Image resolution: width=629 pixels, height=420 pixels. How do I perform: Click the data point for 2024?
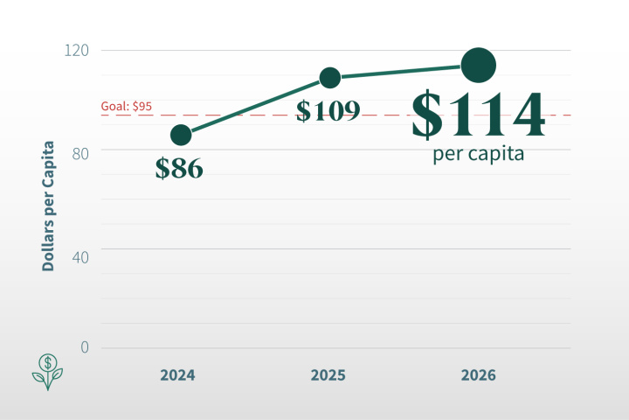pos(181,135)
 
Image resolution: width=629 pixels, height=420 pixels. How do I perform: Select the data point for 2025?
pos(329,78)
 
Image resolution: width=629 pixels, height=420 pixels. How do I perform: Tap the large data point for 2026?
pos(479,65)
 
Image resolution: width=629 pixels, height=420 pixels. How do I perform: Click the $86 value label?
pos(179,168)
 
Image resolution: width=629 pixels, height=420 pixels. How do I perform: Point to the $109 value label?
pos(328,110)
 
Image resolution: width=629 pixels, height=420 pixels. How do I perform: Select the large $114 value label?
pos(478,114)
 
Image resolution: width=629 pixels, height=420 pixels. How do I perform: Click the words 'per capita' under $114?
pos(478,154)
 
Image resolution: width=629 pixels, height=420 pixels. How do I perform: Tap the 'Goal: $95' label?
pos(127,106)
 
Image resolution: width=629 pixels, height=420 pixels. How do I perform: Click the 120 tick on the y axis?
pos(77,51)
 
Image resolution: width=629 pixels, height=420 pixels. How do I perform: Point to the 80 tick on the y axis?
pos(80,153)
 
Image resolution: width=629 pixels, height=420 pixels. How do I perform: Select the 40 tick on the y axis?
pos(80,257)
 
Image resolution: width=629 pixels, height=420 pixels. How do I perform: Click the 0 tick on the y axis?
pos(85,347)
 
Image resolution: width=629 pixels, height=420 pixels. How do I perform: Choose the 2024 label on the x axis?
pos(177,375)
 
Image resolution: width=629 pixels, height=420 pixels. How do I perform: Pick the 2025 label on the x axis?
pos(328,375)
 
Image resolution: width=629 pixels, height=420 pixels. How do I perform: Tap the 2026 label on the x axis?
pos(479,375)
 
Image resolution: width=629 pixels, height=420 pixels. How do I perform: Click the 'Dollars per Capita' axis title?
pos(48,206)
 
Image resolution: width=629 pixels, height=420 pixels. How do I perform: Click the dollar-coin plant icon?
pos(47,372)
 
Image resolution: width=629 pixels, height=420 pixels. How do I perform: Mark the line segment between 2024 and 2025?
pos(255,106)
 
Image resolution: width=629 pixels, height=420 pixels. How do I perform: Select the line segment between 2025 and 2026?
pos(404,72)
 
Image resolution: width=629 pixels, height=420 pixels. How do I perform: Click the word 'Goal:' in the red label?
pos(115,106)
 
